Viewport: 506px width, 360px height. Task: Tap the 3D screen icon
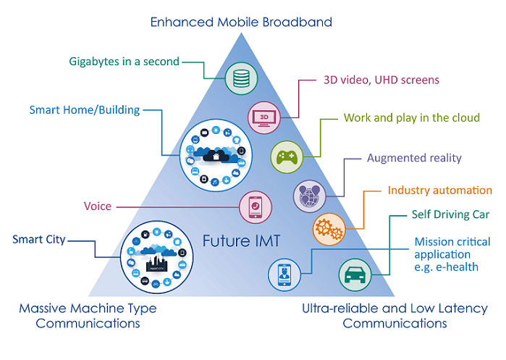click(263, 117)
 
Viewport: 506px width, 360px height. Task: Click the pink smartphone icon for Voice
click(255, 206)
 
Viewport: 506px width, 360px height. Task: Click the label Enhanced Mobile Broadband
click(241, 22)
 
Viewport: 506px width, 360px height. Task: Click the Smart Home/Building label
click(85, 111)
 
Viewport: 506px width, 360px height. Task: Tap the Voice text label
click(98, 206)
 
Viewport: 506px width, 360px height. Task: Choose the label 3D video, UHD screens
click(381, 80)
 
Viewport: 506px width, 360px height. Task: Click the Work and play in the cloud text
click(411, 117)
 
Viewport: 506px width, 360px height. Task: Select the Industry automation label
click(439, 191)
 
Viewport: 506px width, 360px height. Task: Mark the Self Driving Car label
click(450, 215)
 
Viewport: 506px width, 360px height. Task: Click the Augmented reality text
click(414, 157)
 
